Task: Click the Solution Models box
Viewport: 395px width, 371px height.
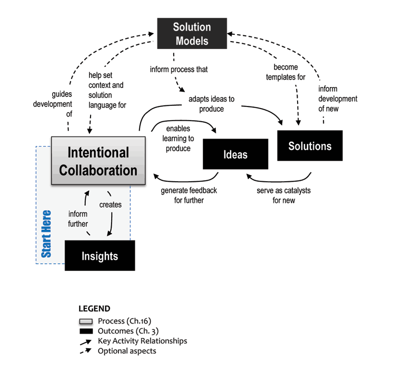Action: click(x=192, y=34)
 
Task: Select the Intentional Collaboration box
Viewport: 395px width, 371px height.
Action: click(x=98, y=161)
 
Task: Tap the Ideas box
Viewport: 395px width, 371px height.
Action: click(x=235, y=154)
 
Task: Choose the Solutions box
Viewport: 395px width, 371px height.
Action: click(x=310, y=146)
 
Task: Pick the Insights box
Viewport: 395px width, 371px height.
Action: click(x=100, y=256)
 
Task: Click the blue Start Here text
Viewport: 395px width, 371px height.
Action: click(x=47, y=233)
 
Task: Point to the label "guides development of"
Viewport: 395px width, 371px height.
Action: click(x=53, y=103)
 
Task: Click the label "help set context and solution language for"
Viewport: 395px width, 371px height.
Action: click(x=107, y=90)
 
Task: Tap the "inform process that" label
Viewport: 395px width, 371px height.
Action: click(x=179, y=69)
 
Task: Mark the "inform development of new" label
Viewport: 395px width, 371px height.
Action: click(x=338, y=99)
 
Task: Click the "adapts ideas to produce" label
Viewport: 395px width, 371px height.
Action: click(x=212, y=104)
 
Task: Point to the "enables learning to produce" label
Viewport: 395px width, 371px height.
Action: click(x=178, y=139)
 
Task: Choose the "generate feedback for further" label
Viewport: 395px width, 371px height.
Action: click(x=189, y=195)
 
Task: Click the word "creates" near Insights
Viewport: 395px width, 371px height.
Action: click(x=111, y=204)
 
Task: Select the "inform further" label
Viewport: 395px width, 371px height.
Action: click(x=78, y=219)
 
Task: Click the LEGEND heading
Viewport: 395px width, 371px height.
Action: click(x=94, y=309)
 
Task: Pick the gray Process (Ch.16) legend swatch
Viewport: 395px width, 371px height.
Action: click(x=85, y=321)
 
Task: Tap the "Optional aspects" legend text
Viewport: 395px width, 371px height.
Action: click(x=127, y=350)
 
